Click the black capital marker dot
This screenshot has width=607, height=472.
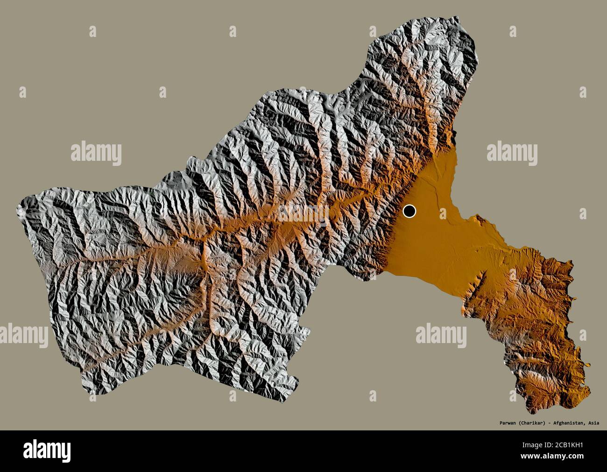coord(409,211)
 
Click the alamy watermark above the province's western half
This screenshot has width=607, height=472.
coord(96,153)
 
